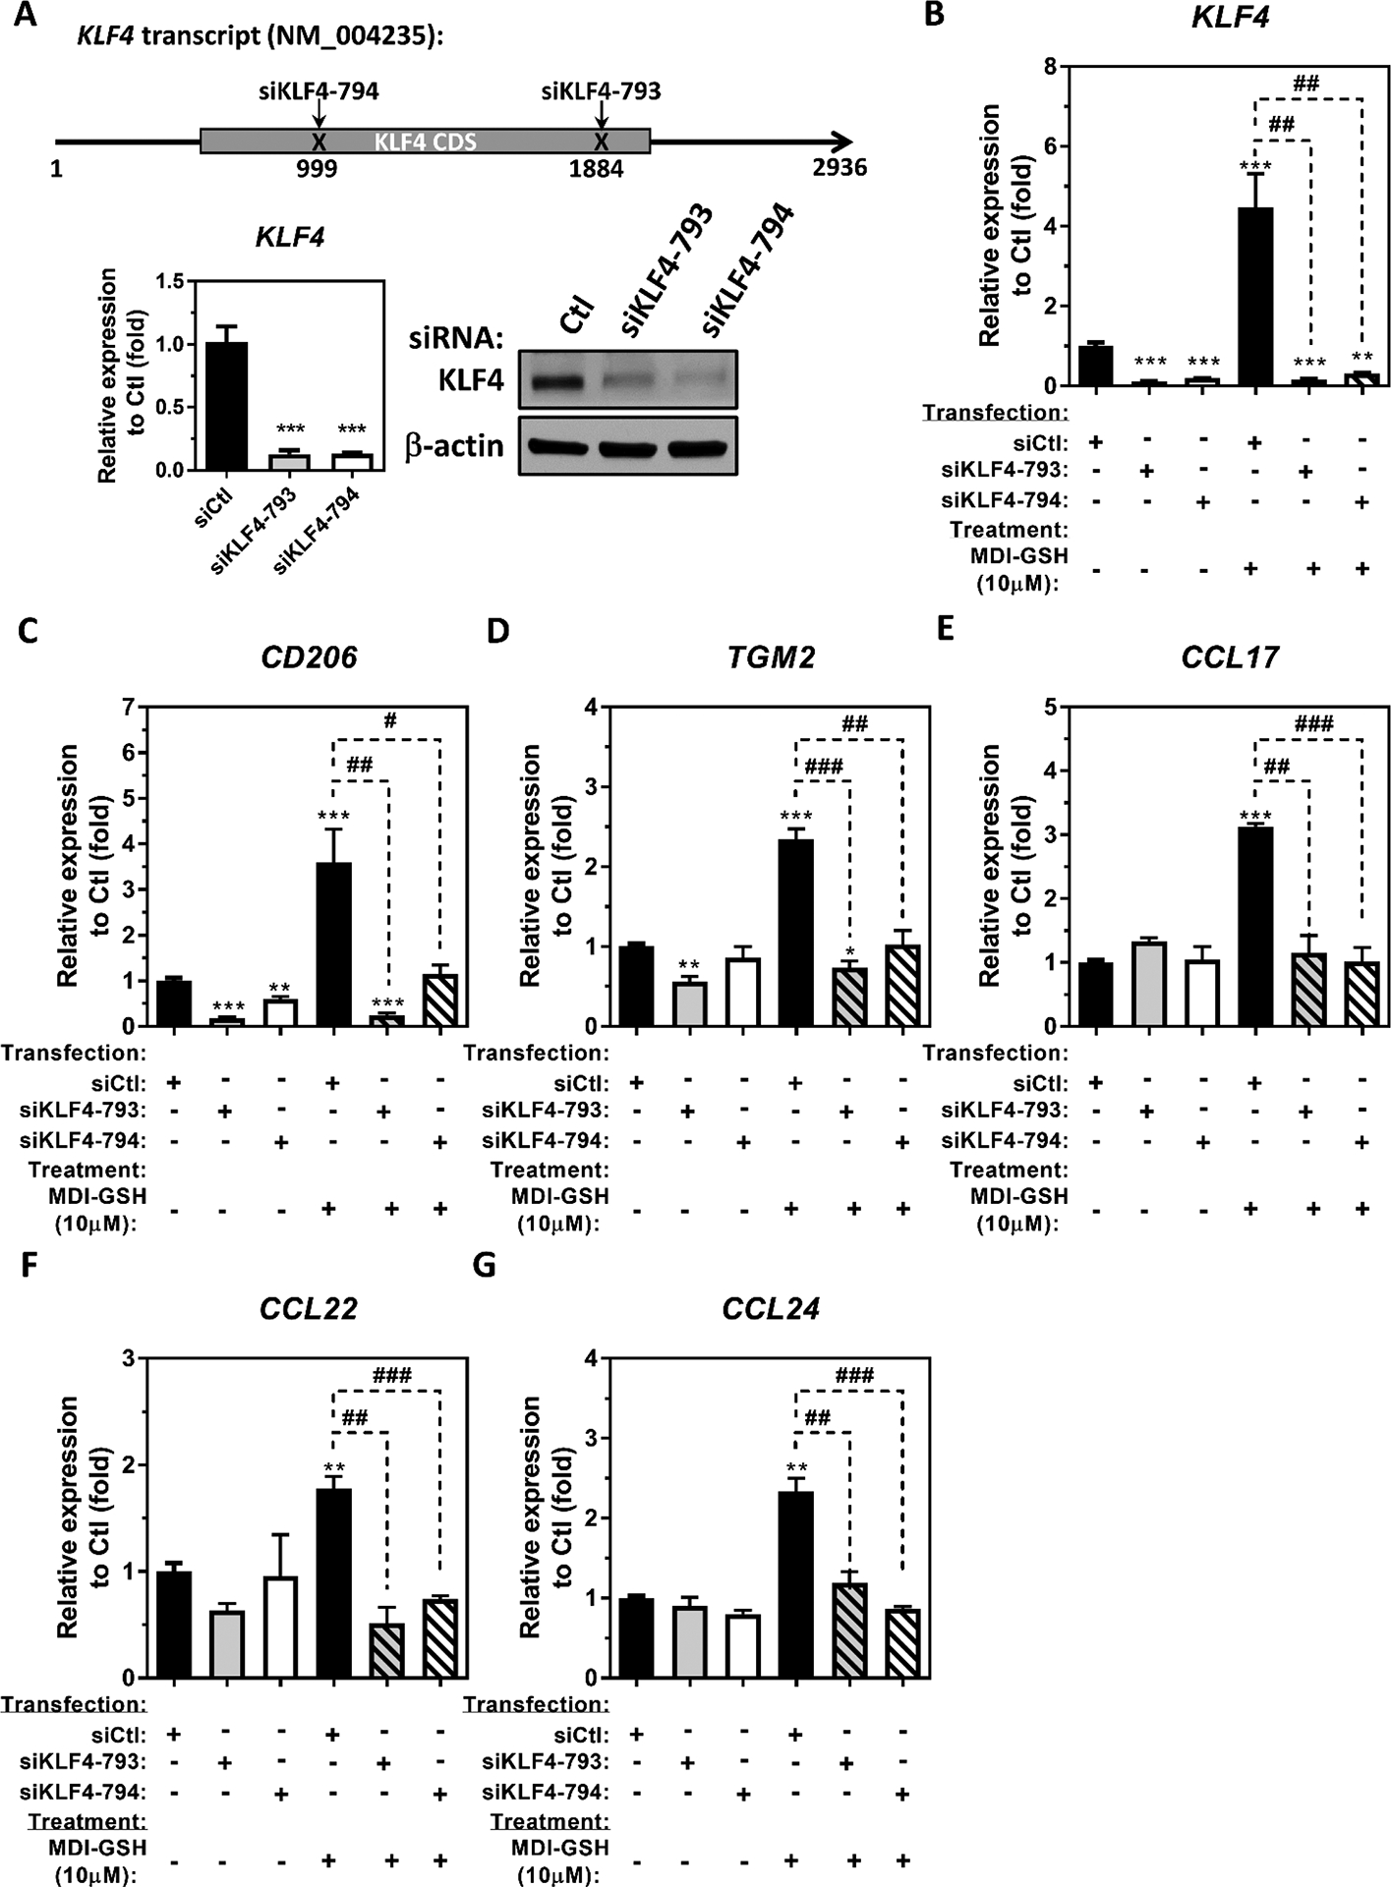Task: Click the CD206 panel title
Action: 309,657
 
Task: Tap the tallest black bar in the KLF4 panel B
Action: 1253,295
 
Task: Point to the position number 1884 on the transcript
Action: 596,169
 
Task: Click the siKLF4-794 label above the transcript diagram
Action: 318,91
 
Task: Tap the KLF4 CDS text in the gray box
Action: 425,142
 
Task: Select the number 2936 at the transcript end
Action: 840,168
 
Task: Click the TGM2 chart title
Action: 771,657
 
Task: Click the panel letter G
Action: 484,1266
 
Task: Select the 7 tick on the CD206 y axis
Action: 127,707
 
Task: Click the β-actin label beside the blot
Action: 453,446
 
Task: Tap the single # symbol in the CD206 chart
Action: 390,721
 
